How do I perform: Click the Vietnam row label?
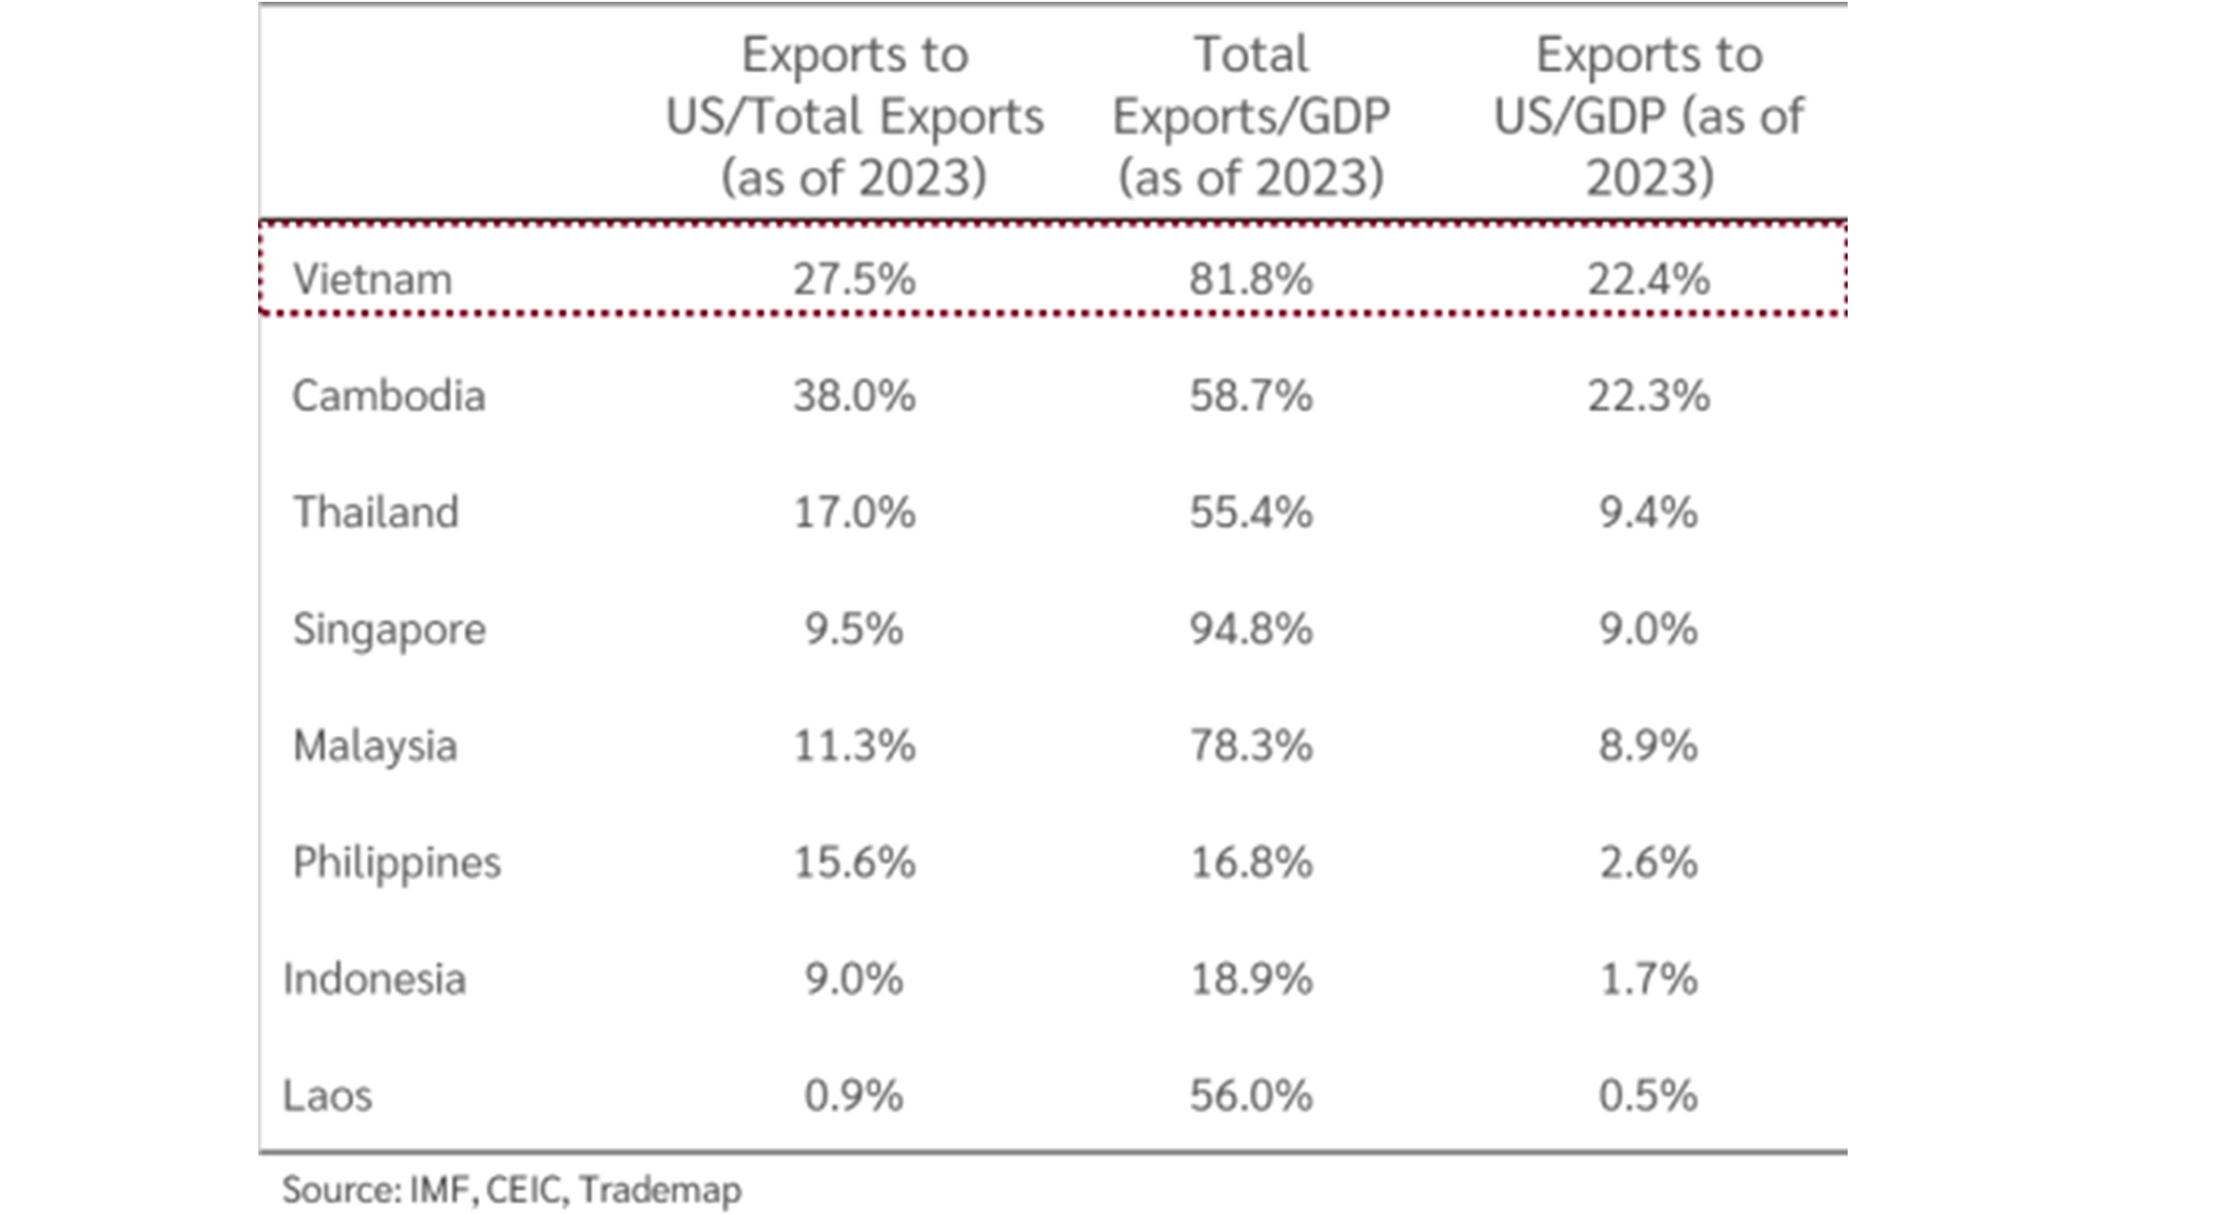click(372, 279)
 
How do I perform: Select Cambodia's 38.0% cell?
click(854, 397)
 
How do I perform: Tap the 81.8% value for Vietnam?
click(1251, 279)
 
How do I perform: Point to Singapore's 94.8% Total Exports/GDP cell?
click(1251, 629)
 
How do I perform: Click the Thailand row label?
click(376, 512)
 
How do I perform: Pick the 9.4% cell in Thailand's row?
click(1648, 513)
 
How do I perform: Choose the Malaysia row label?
click(375, 747)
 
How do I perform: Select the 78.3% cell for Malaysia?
click(1251, 747)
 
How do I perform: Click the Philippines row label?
click(396, 863)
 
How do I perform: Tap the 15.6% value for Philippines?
click(854, 863)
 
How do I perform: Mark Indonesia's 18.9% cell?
click(1251, 979)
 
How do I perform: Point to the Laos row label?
click(327, 1096)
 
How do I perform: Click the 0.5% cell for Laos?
click(1648, 1096)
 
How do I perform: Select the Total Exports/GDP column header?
click(1251, 115)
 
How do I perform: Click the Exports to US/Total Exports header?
click(854, 115)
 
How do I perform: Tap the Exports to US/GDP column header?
click(1648, 115)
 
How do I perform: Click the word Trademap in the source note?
click(660, 1190)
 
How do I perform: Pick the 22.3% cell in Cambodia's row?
click(1648, 397)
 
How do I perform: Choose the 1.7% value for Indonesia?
click(1648, 979)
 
